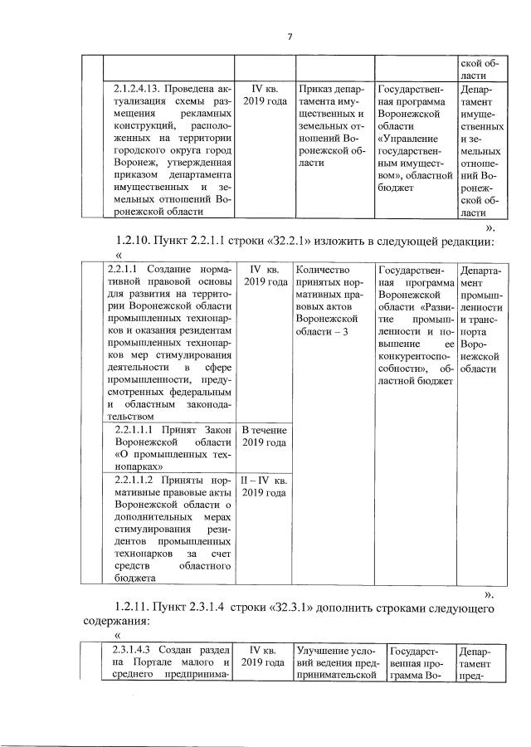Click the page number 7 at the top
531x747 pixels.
pyautogui.click(x=290, y=36)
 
